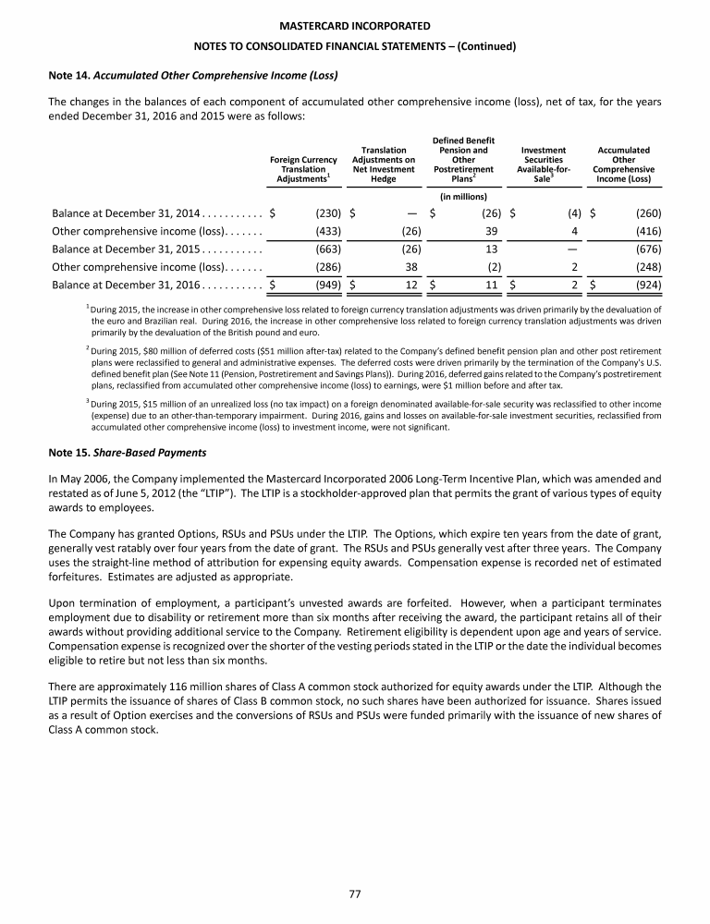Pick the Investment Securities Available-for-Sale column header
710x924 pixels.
[x=544, y=164]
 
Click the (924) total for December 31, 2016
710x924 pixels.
[x=647, y=284]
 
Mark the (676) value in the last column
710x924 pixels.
[x=647, y=249]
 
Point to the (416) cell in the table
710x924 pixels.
[x=647, y=231]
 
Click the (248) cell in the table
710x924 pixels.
[x=647, y=266]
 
